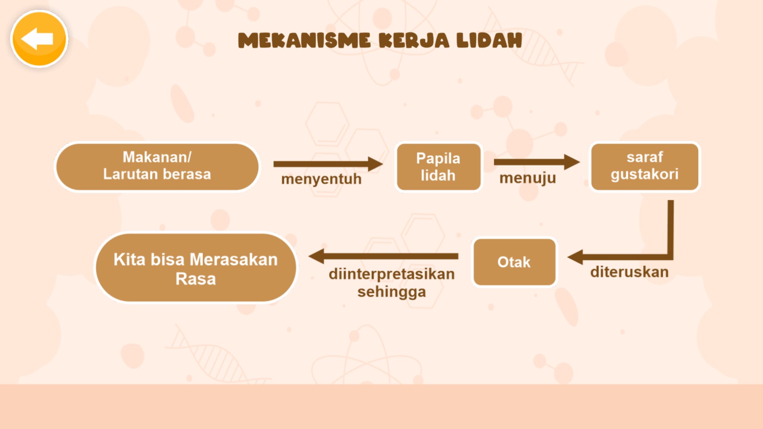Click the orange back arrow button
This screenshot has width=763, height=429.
coord(39,39)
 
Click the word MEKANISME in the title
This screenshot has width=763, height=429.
coord(304,41)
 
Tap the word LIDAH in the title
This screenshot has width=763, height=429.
coord(489,41)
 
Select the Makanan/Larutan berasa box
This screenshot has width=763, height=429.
coord(157,167)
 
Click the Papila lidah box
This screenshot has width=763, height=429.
coord(438,167)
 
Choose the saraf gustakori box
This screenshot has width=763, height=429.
coord(645,167)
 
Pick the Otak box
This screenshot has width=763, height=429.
coord(514,262)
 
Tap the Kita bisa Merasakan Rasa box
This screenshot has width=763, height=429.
coord(196,268)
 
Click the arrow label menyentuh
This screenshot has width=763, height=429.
coord(321,179)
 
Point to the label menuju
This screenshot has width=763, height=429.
coord(527,178)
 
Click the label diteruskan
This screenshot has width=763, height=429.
coord(629,272)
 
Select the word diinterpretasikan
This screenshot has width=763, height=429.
coord(391,274)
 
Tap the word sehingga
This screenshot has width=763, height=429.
coord(391,292)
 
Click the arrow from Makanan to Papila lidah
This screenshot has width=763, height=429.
coord(328,164)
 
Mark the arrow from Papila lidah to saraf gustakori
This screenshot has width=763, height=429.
coord(536,162)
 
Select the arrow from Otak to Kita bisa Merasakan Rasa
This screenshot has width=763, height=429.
coord(383,256)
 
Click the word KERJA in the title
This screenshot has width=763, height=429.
coord(414,41)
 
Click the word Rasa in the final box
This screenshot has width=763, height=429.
coord(196,279)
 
